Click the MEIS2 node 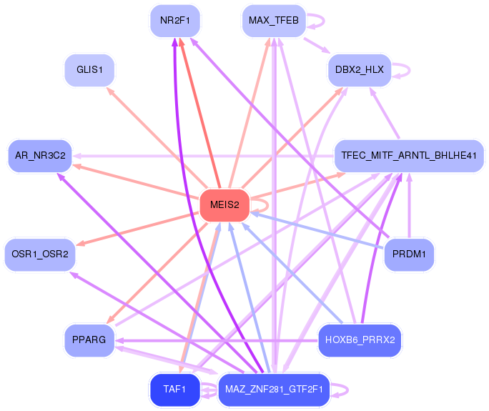(224, 205)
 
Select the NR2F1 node (175, 21)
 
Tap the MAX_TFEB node (274, 21)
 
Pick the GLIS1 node (89, 70)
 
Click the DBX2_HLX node (360, 70)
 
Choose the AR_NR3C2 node (40, 156)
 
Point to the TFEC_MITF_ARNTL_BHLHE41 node (409, 156)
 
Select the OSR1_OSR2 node (40, 254)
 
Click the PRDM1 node (409, 254)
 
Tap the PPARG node (89, 340)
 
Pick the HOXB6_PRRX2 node (360, 340)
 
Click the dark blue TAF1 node (175, 390)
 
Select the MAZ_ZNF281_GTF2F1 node (274, 390)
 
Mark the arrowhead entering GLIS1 (110, 91)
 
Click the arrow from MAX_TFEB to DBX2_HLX (317, 46)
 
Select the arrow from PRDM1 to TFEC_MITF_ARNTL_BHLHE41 (409, 205)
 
